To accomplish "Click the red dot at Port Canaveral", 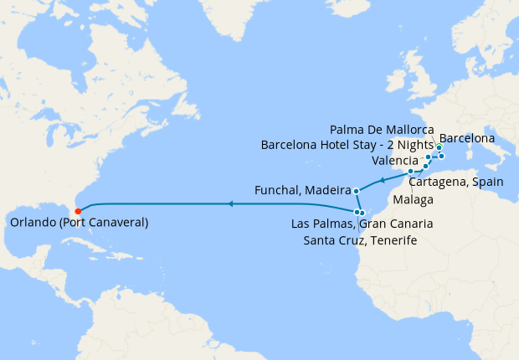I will [77, 211].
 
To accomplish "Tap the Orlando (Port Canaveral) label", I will [80, 223].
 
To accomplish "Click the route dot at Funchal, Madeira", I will [356, 190].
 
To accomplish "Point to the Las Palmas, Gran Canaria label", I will [362, 224].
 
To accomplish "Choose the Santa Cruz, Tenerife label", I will [360, 241].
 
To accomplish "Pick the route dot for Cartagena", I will [425, 166].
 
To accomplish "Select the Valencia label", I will [394, 160].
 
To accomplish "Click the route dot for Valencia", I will [429, 157].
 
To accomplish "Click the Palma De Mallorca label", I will [382, 130].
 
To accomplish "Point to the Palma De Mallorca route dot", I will [442, 157].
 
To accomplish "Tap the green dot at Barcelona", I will [439, 147].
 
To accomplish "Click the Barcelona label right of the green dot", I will [467, 138].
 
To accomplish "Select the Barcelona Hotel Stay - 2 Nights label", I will [347, 145].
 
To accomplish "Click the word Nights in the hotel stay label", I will [413, 145].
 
